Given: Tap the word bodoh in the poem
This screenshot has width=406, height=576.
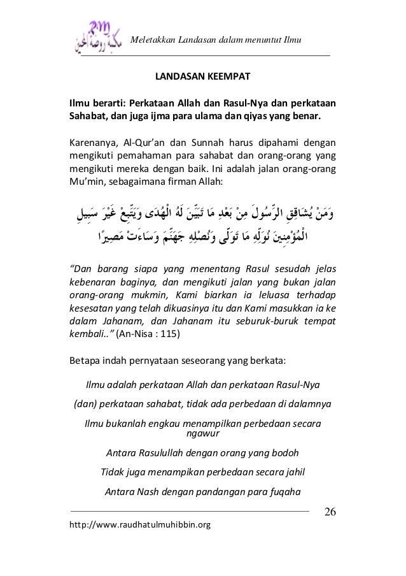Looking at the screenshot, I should click(283, 453).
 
